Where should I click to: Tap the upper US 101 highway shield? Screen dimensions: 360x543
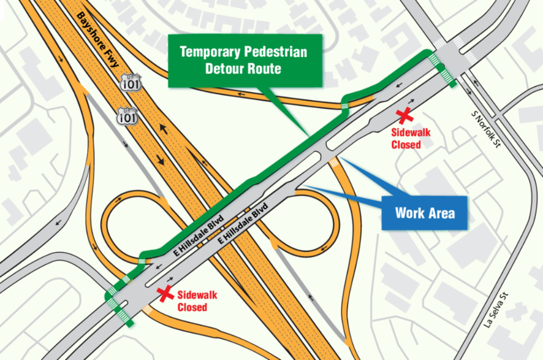[131, 83]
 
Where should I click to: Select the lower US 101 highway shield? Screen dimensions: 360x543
[127, 117]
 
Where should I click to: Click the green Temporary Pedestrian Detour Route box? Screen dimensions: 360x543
[245, 60]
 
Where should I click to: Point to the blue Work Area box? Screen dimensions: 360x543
[424, 213]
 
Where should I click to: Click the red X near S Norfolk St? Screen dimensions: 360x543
[405, 115]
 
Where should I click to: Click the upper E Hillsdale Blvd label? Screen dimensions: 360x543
[199, 236]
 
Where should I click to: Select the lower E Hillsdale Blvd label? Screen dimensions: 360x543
[243, 223]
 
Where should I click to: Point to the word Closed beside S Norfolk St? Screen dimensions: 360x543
[406, 145]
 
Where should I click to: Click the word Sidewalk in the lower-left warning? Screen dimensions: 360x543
[197, 295]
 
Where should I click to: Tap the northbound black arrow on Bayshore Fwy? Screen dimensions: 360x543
[164, 129]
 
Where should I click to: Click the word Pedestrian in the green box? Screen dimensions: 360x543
[275, 52]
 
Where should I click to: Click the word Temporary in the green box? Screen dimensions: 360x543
[210, 52]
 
